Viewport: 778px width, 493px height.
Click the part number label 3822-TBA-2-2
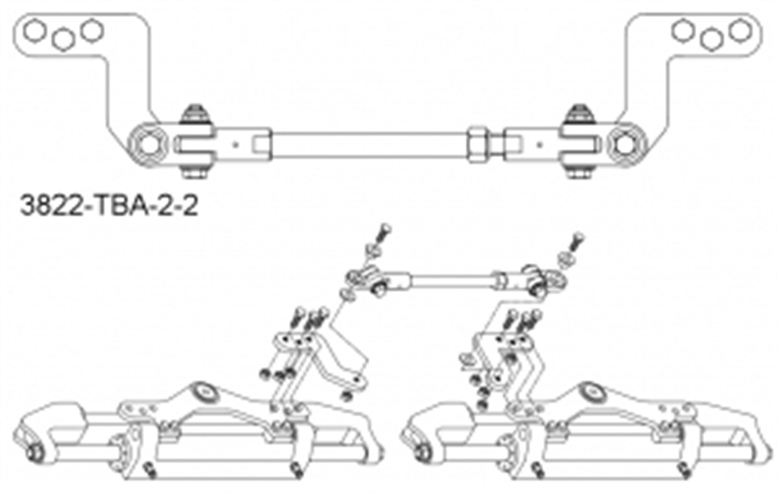click(109, 206)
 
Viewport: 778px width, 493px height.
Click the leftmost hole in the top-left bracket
click(35, 31)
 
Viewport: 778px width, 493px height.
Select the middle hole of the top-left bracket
click(64, 40)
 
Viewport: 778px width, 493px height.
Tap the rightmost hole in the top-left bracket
click(92, 30)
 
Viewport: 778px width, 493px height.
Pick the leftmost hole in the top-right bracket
click(683, 31)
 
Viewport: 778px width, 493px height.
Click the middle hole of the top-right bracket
click(711, 40)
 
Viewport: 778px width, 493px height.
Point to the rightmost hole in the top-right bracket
click(740, 30)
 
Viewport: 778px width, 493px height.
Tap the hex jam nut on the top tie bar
click(478, 145)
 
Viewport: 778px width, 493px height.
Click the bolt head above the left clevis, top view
click(196, 114)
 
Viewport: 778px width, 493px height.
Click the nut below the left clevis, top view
click(196, 172)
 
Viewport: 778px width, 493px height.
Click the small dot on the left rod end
click(236, 145)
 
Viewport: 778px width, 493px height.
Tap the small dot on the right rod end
click(539, 145)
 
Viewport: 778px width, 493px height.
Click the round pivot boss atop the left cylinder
click(205, 392)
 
